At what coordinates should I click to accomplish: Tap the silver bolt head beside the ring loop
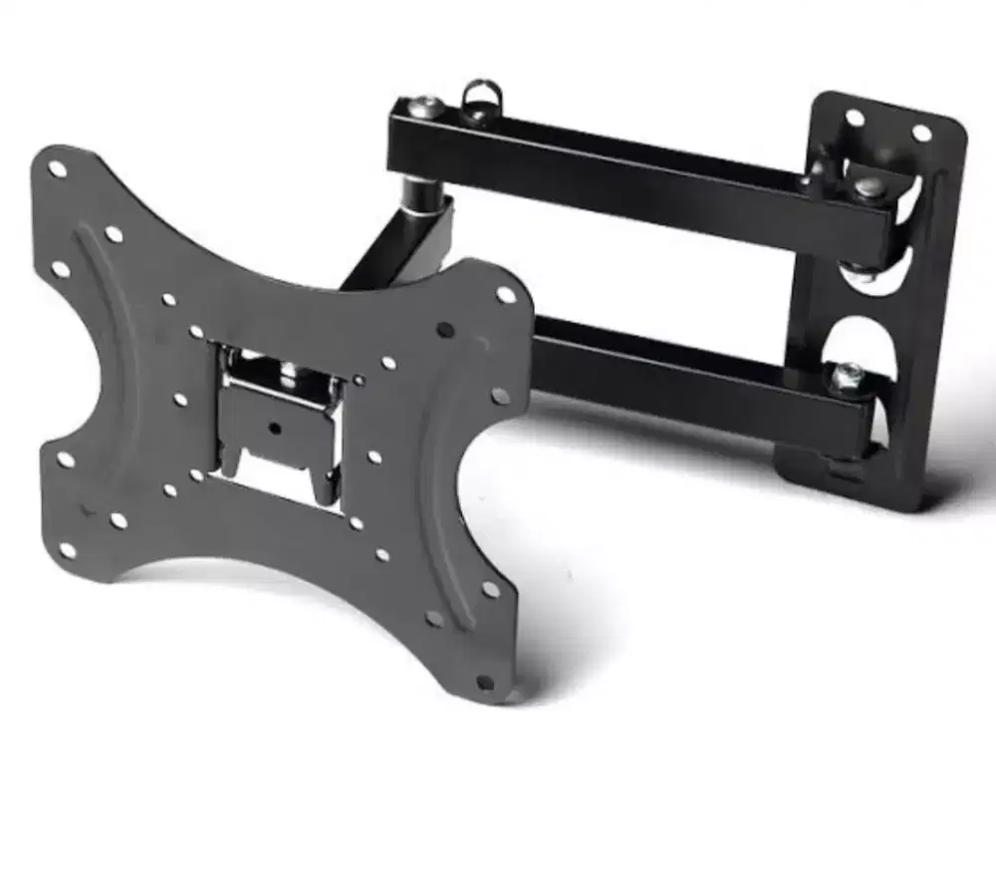tap(426, 105)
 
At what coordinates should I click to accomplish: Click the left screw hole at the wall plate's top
tap(855, 118)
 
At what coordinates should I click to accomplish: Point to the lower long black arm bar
tap(677, 374)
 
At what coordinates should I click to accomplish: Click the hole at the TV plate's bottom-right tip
tap(485, 683)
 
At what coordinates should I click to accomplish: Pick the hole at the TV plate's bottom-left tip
tap(68, 549)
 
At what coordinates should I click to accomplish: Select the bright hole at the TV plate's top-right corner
tap(506, 295)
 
